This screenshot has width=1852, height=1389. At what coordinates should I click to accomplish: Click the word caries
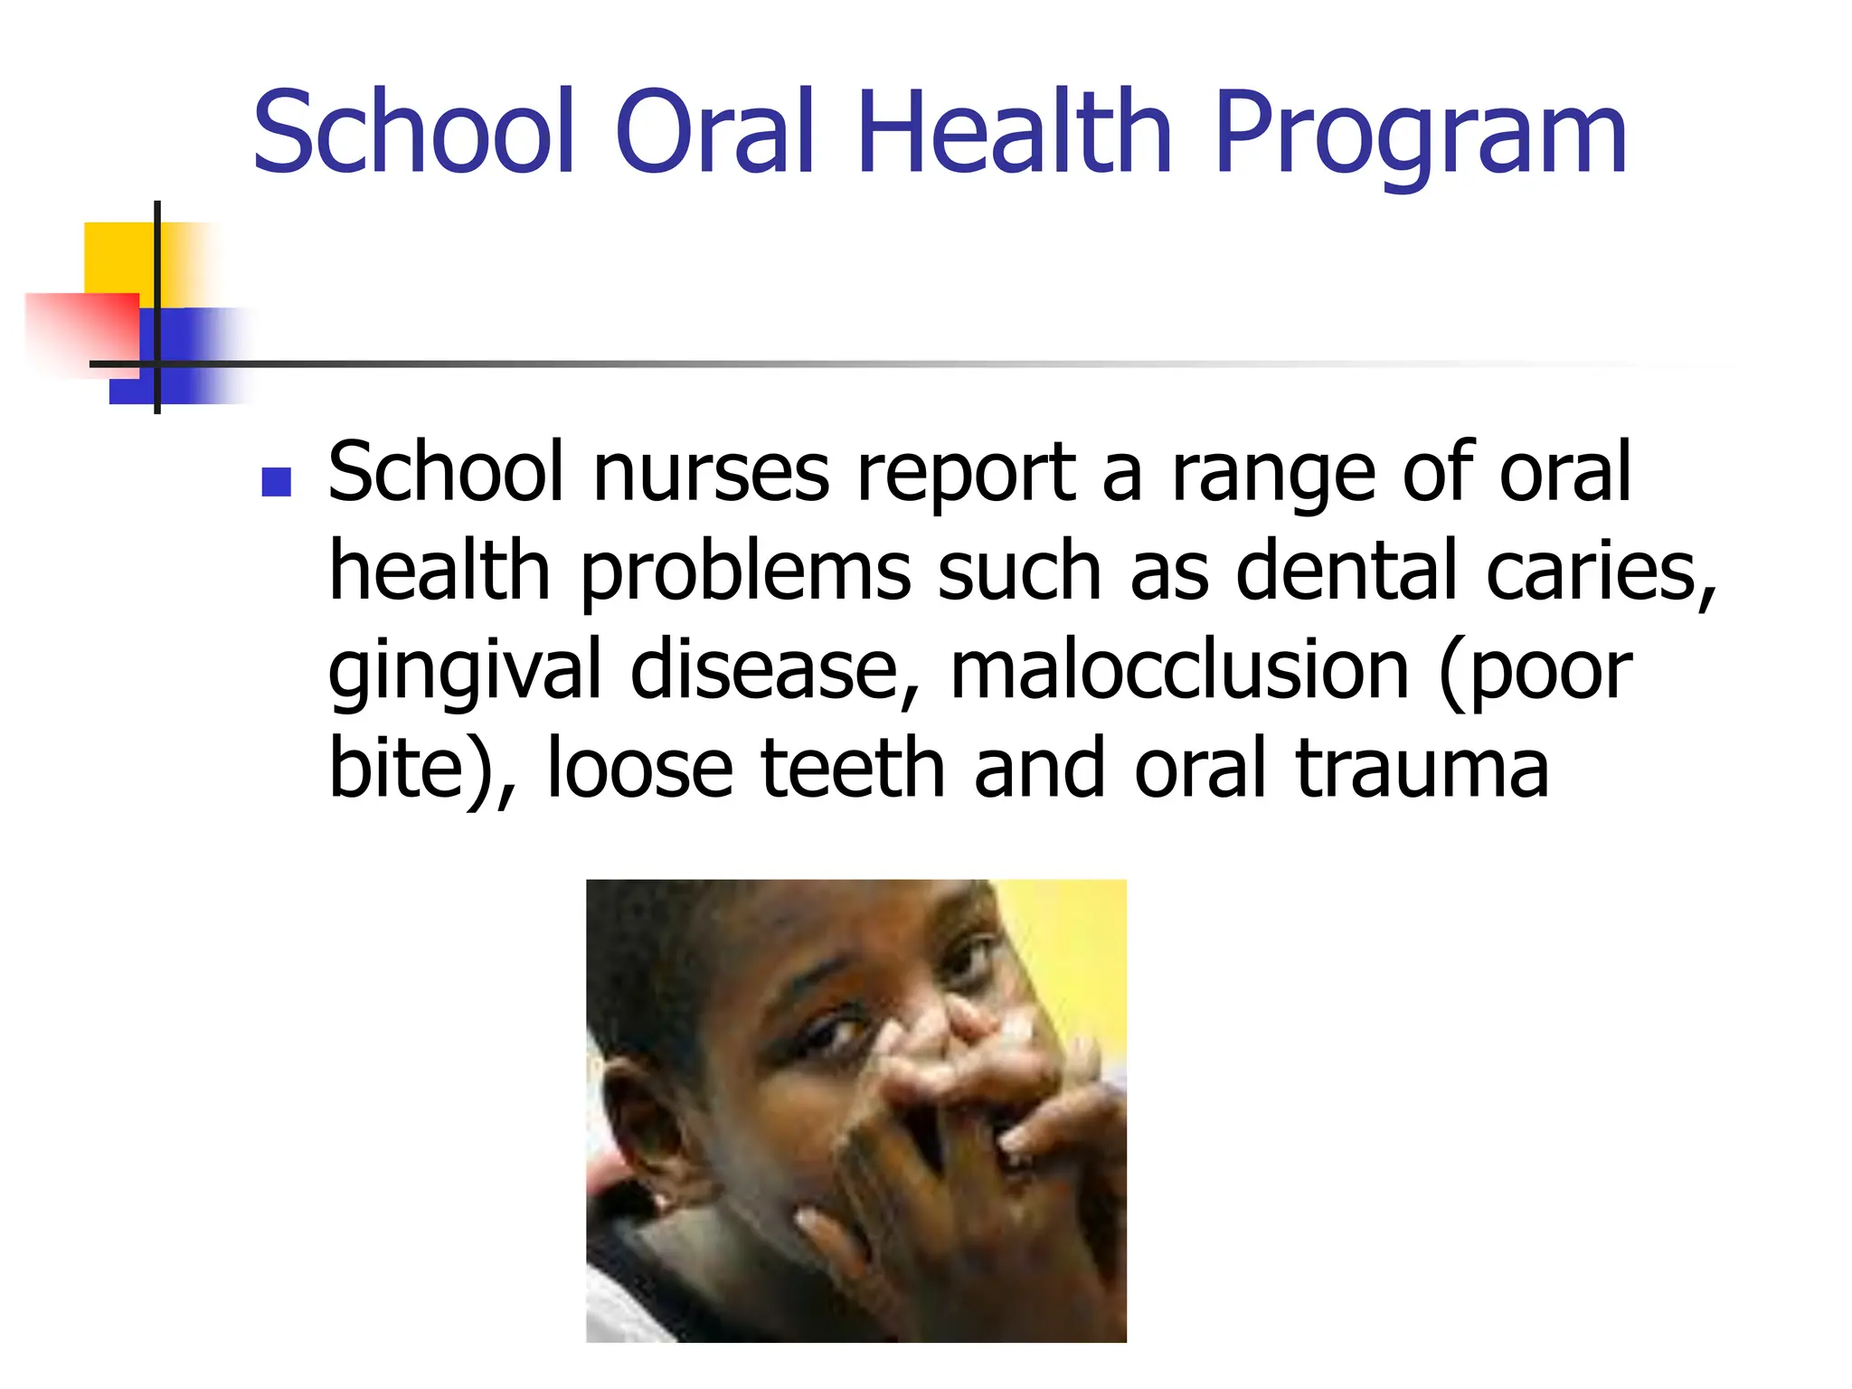pos(1601,572)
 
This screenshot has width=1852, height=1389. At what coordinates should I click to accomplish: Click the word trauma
pos(1422,770)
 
